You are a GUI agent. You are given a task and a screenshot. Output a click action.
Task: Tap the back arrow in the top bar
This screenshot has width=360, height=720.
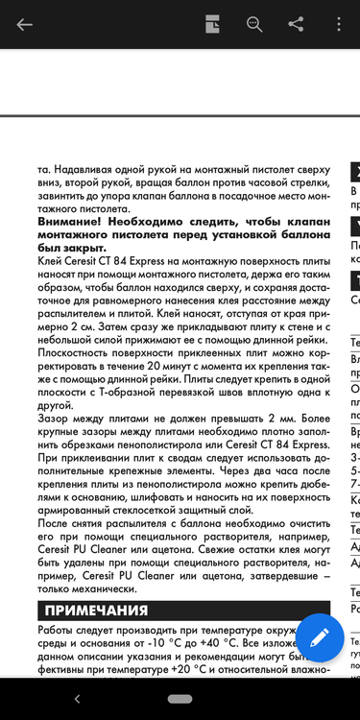pyautogui.click(x=24, y=25)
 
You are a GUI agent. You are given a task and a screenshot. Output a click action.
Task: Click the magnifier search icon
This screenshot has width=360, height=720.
pyautogui.click(x=254, y=25)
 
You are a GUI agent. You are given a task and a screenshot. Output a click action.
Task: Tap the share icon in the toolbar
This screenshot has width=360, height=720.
pyautogui.click(x=297, y=25)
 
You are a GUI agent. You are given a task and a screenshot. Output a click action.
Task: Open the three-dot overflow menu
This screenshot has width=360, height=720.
pyautogui.click(x=338, y=25)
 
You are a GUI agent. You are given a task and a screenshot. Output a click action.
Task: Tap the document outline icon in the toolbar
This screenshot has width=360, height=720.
pyautogui.click(x=212, y=25)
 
